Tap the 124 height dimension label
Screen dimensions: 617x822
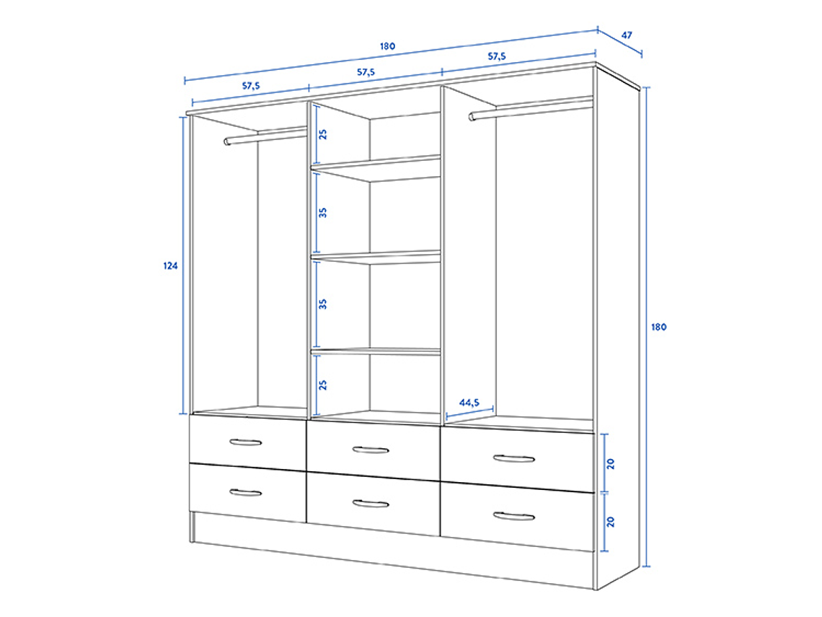[169, 266]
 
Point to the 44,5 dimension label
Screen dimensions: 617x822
[469, 403]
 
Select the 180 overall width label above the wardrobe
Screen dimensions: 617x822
[387, 46]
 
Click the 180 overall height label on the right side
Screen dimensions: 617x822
[659, 327]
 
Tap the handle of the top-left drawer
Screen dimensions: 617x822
[245, 442]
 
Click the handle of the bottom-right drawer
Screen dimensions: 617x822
[514, 516]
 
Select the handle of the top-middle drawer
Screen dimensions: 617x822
[371, 450]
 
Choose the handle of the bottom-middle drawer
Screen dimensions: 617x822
[371, 504]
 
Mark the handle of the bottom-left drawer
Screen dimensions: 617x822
[245, 492]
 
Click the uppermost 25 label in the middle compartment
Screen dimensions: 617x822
[324, 134]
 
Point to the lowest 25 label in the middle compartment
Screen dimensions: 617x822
[324, 384]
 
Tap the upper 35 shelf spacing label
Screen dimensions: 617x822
[324, 212]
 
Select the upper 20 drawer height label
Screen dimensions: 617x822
[611, 463]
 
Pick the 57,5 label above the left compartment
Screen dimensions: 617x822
[250, 85]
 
